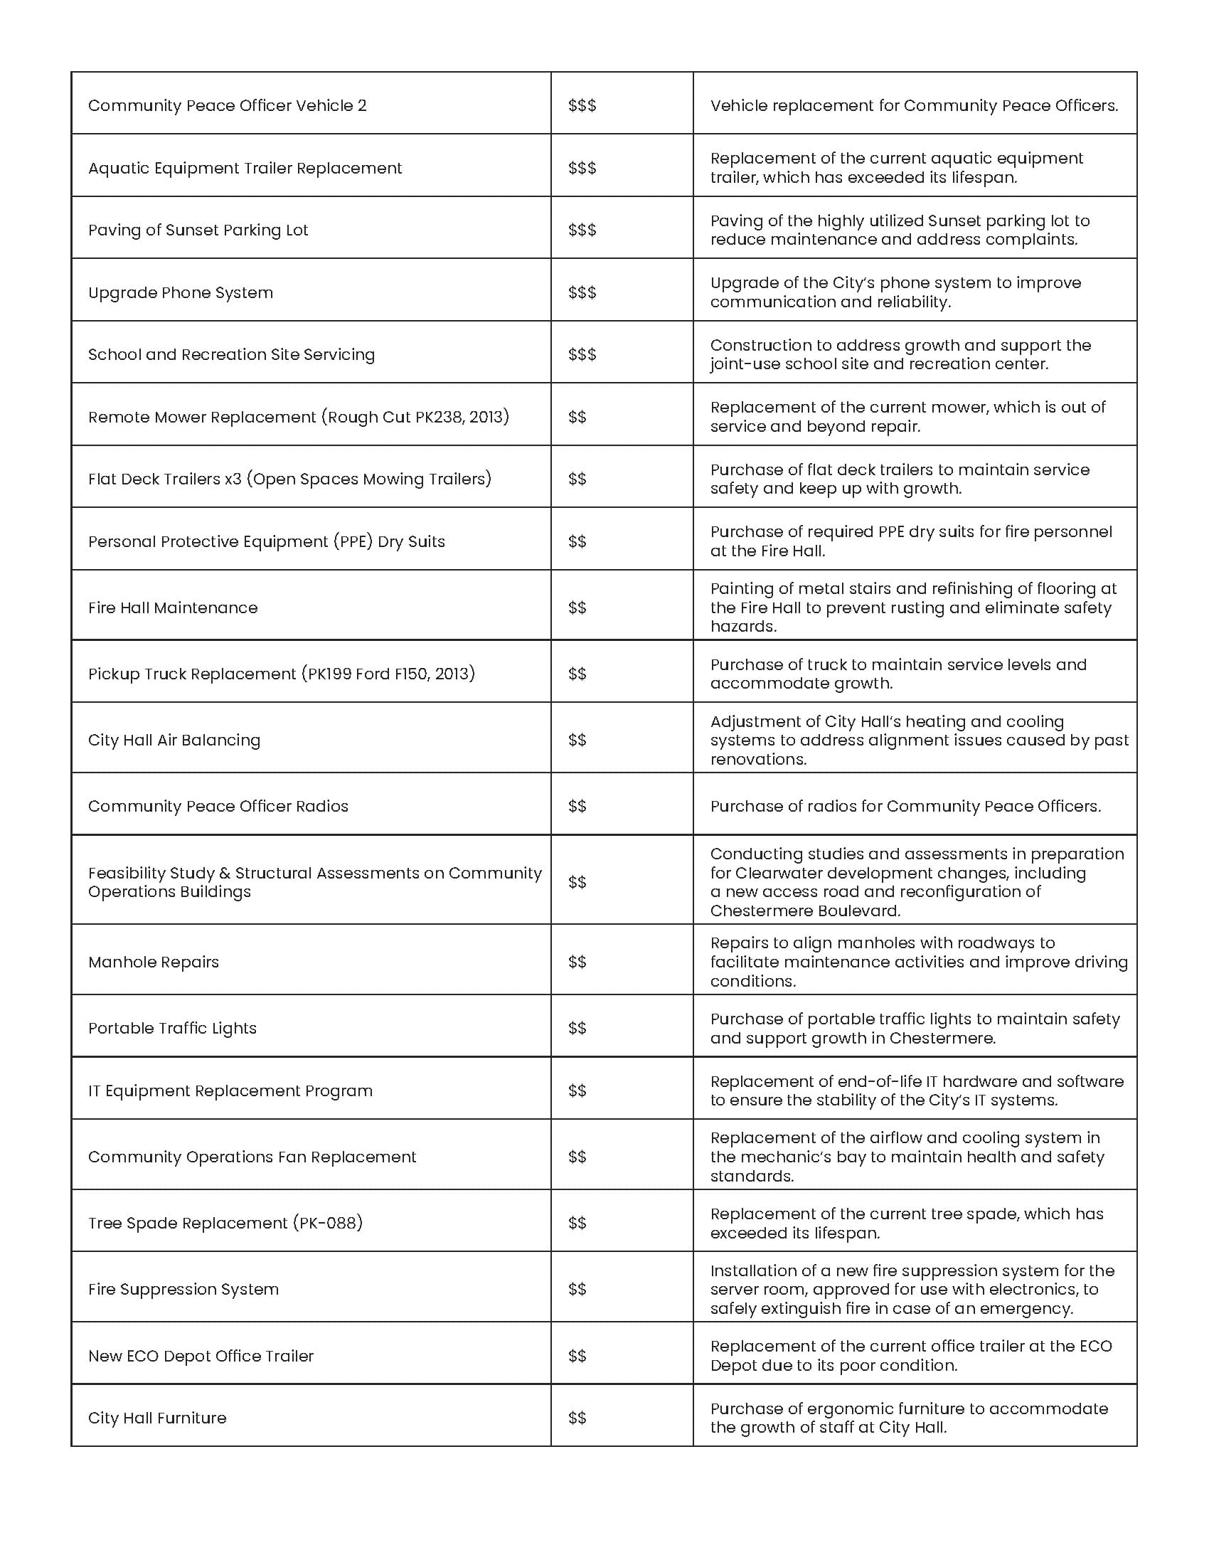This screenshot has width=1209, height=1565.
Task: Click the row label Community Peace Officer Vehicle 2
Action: point(227,106)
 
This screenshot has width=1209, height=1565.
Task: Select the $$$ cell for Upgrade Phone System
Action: point(582,292)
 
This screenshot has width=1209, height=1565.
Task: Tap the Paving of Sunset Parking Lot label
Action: point(198,230)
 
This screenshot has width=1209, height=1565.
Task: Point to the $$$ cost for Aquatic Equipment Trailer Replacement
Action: point(582,168)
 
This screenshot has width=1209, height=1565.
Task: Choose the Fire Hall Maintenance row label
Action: point(173,608)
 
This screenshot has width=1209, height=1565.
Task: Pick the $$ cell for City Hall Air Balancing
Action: point(577,740)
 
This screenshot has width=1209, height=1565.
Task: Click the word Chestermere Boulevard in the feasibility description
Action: point(804,911)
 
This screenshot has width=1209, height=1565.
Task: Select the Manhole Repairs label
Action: point(154,962)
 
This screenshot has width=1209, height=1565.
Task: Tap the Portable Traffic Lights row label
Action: point(172,1029)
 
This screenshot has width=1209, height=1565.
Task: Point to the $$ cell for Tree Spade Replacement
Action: point(577,1222)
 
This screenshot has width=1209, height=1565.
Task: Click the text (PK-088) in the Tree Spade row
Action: point(328,1222)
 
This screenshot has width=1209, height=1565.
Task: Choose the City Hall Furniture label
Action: point(157,1417)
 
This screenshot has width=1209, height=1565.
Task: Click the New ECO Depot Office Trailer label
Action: point(201,1356)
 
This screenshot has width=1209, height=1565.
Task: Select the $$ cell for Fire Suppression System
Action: point(577,1289)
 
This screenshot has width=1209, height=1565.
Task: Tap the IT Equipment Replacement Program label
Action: point(230,1091)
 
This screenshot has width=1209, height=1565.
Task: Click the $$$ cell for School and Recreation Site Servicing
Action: point(582,355)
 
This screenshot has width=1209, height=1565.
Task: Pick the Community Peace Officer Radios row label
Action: point(218,806)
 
